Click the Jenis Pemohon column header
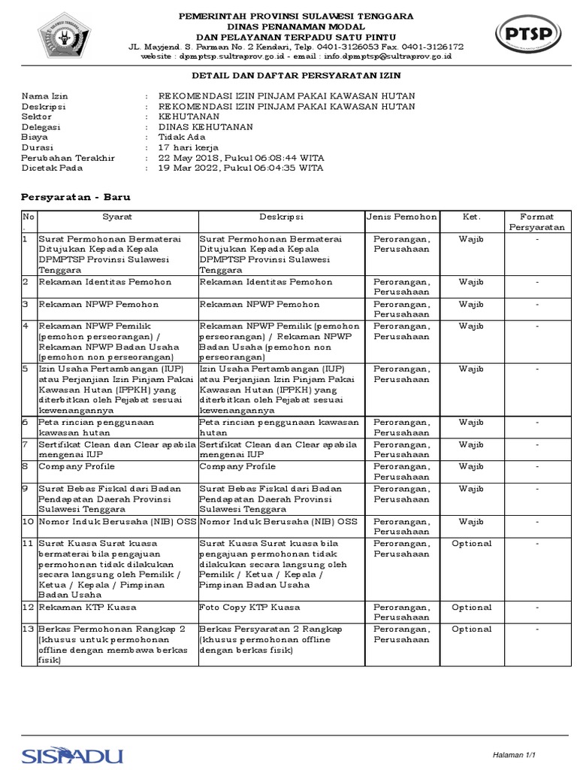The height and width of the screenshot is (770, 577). (401, 217)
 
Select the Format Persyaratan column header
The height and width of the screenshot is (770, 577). (536, 221)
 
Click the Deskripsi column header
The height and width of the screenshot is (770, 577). (281, 217)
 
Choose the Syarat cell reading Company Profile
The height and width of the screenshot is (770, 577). (76, 466)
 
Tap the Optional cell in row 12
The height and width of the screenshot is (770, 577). (471, 607)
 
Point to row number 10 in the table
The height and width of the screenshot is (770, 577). (28, 521)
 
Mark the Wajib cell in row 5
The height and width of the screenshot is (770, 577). (471, 369)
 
